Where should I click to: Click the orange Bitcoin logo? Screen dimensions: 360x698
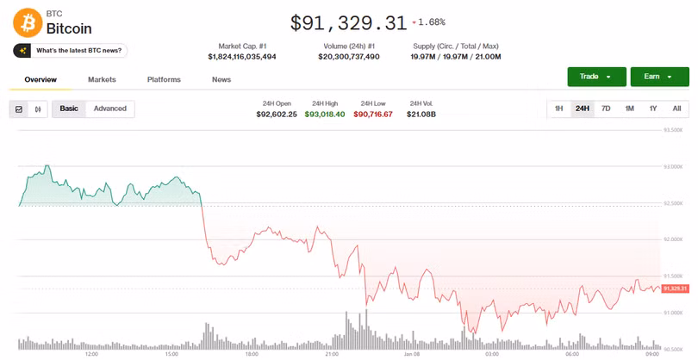click(27, 22)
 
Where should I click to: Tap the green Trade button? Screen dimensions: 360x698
click(596, 77)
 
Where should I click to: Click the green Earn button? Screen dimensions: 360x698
click(659, 77)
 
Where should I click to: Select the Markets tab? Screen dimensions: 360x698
click(102, 80)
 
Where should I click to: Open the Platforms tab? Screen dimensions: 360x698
click(164, 80)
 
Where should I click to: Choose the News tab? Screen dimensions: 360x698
click(221, 80)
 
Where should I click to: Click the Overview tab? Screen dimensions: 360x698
click(41, 80)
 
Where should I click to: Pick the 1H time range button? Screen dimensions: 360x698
click(558, 109)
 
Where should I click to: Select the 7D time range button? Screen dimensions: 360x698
click(606, 109)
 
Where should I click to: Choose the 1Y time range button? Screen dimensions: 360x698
click(653, 109)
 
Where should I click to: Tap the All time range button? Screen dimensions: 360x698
click(676, 109)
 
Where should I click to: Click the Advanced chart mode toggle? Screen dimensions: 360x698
click(110, 109)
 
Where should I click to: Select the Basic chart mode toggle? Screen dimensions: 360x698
click(69, 109)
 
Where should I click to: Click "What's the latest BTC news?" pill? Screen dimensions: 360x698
click(72, 51)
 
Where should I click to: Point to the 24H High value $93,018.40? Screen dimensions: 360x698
click(325, 114)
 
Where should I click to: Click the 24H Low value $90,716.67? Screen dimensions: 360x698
click(373, 114)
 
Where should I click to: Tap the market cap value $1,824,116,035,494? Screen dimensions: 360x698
click(242, 57)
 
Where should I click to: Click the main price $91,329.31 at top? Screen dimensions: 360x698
click(347, 22)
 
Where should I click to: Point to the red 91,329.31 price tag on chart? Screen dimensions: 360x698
click(676, 288)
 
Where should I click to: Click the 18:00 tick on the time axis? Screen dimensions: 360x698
click(252, 353)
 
